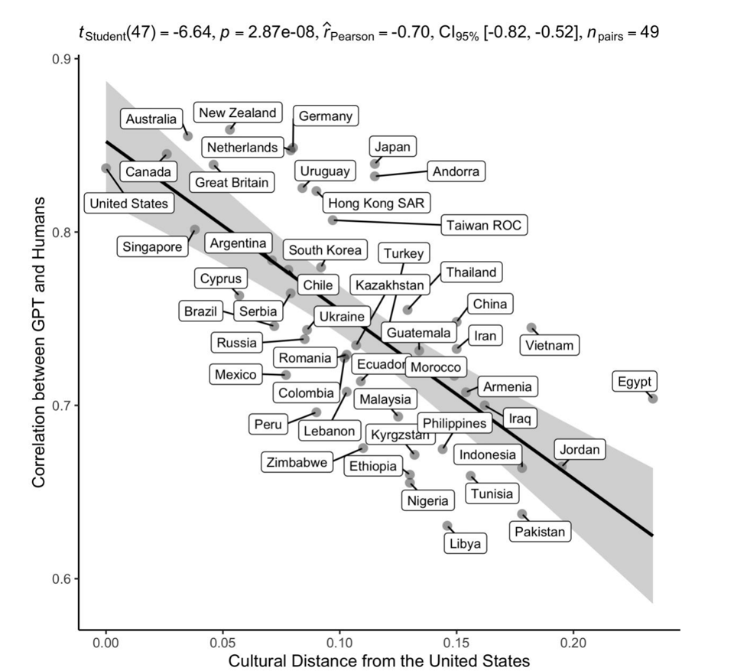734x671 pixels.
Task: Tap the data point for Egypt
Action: click(652, 399)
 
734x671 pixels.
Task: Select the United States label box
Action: click(128, 204)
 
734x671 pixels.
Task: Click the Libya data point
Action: click(447, 526)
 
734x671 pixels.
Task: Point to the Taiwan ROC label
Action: click(485, 225)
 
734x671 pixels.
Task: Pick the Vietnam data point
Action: click(531, 327)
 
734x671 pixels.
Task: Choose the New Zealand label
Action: click(237, 113)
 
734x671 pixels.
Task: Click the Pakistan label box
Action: click(540, 532)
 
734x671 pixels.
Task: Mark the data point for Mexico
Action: click(286, 375)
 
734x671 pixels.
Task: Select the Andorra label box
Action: click(456, 172)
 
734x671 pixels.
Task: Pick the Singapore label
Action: click(152, 246)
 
